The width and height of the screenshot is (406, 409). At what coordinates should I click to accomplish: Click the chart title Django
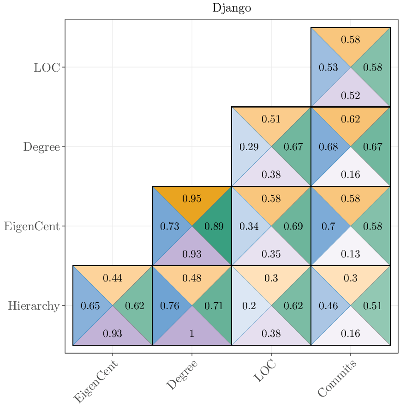(232, 8)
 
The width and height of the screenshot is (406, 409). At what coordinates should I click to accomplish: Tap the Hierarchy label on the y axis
(33, 306)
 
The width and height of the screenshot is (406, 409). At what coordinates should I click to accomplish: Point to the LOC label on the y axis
(47, 67)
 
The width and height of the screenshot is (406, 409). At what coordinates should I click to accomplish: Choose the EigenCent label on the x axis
(96, 382)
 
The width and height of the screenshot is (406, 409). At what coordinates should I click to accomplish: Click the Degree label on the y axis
(42, 147)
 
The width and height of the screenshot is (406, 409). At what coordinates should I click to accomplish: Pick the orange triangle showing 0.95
(192, 199)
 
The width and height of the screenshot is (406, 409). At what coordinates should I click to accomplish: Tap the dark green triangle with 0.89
(214, 226)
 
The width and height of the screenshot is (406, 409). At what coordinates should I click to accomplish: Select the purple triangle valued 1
(192, 334)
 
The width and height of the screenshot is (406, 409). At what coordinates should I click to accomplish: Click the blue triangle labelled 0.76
(169, 306)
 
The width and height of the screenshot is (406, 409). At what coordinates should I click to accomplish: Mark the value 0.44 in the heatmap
(113, 278)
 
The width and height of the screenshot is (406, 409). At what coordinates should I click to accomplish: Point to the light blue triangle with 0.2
(249, 306)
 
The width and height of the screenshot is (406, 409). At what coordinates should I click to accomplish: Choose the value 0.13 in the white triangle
(351, 254)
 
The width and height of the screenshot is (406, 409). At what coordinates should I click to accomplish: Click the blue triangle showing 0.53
(328, 67)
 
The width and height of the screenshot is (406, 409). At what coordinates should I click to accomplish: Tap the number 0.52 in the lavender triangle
(351, 96)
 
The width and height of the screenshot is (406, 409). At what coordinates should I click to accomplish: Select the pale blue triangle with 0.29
(249, 147)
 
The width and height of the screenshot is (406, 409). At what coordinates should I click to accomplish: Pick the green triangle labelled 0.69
(293, 226)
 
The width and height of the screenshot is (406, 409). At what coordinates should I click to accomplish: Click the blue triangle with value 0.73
(169, 226)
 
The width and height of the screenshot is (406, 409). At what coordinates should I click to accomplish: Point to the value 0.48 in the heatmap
(192, 278)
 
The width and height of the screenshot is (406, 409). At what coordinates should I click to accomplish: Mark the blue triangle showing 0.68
(328, 147)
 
